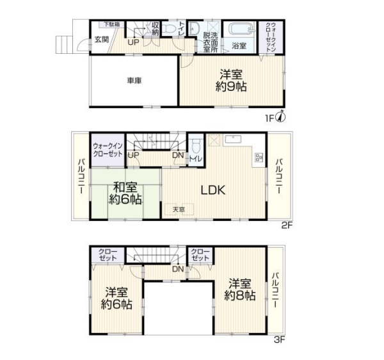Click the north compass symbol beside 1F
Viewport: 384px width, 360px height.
click(281, 117)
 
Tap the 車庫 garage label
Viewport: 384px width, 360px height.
click(134, 81)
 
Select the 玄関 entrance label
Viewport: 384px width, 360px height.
click(102, 40)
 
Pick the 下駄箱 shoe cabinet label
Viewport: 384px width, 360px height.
click(111, 24)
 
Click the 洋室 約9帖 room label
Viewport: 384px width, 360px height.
click(231, 80)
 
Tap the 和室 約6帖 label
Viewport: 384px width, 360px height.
click(125, 193)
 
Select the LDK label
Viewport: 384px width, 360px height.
click(213, 190)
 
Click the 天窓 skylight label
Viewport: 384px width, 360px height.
click(179, 209)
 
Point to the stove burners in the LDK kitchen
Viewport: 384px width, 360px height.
click(259, 158)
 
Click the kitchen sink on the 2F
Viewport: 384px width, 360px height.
click(232, 139)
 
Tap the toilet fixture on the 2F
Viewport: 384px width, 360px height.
click(196, 146)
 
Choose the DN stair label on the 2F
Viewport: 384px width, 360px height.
click(178, 155)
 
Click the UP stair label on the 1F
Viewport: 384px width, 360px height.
click(133, 42)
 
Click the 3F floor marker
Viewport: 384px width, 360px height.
click(279, 340)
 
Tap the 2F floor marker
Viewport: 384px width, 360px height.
click(287, 225)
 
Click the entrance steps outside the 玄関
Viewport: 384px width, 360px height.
click(64, 44)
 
